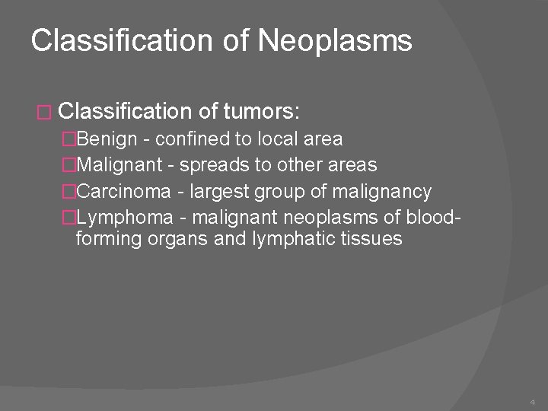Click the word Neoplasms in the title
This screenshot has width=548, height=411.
pos(335,41)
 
